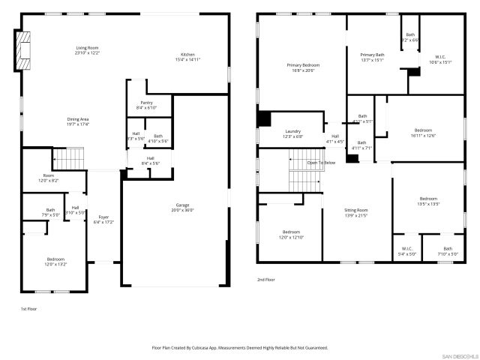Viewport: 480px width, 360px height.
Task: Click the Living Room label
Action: [x=87, y=49]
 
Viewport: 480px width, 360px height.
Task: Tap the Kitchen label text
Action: [x=187, y=55]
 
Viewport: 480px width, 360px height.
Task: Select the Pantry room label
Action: [x=147, y=103]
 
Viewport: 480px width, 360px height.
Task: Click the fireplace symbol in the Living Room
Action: [x=24, y=49]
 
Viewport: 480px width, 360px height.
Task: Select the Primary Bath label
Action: [x=373, y=55]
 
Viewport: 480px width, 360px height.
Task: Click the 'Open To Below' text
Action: [x=321, y=162]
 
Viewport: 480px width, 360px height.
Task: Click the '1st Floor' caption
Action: [x=28, y=308]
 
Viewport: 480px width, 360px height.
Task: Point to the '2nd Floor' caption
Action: [x=266, y=279]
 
